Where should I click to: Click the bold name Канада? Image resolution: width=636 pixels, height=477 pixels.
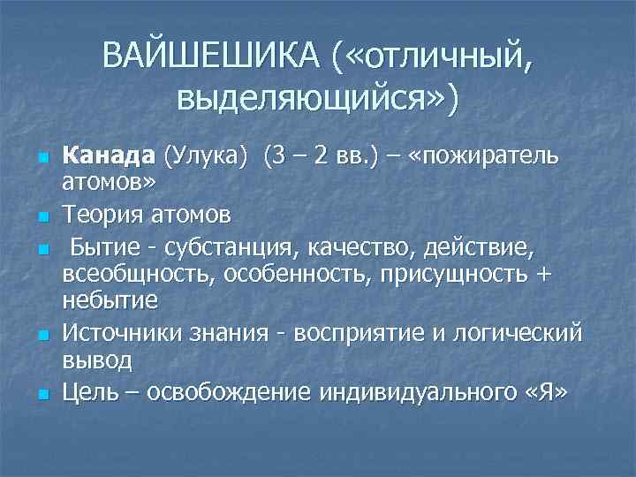click(109, 158)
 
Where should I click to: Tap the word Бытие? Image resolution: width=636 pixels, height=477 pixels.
click(102, 244)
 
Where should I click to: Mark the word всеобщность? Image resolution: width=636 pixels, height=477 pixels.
click(140, 274)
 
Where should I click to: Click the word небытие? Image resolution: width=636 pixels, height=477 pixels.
click(110, 299)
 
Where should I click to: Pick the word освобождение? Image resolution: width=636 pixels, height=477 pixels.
click(231, 391)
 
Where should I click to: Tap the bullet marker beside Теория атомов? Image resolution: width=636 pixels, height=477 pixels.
click(42, 215)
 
